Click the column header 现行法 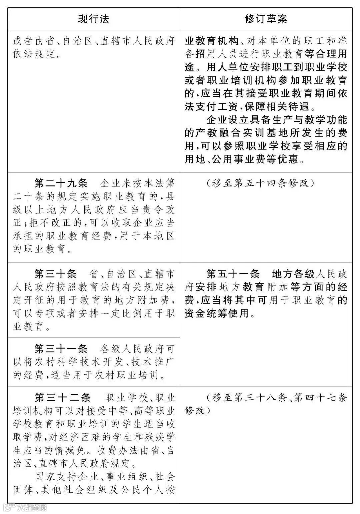[x=94, y=19]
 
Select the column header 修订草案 [x=266, y=19]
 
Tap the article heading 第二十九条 [x=61, y=183]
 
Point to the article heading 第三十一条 [x=61, y=349]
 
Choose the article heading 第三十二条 [x=63, y=397]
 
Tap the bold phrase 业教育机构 [x=212, y=41]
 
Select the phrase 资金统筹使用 [x=217, y=314]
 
